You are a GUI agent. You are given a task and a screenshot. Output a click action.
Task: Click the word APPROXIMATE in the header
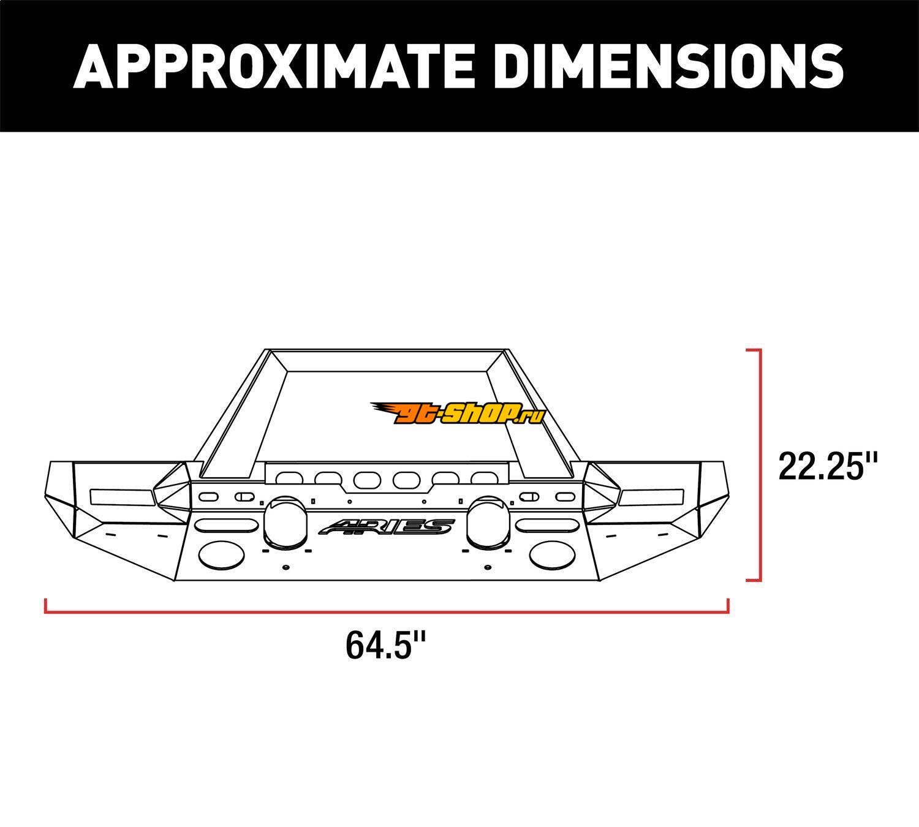tap(273, 66)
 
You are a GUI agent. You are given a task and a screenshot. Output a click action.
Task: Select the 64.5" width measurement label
tap(386, 645)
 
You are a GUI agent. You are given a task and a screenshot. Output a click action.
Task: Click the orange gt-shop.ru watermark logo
tap(458, 413)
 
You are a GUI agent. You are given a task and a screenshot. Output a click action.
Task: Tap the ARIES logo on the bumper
tap(387, 527)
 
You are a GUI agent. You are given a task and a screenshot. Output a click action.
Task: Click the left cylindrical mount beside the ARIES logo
tap(286, 523)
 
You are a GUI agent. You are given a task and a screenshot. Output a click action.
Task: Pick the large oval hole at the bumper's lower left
tap(221, 555)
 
